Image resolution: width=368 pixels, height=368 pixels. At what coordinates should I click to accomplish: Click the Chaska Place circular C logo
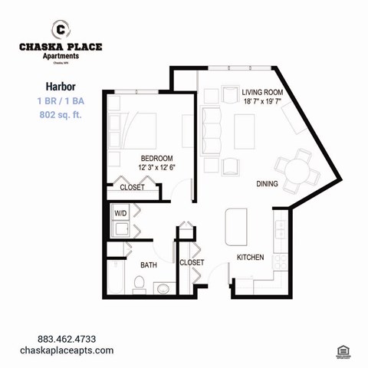60,30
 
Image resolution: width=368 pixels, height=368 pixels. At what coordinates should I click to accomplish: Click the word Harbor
59,87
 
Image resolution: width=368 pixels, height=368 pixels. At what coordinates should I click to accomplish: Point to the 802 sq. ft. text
59,115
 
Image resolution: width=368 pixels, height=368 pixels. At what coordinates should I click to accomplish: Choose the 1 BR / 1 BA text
59,101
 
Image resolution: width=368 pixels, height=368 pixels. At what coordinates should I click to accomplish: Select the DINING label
267,184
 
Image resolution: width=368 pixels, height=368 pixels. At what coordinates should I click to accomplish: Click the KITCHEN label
250,258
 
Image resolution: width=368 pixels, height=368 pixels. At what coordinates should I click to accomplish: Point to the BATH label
148,265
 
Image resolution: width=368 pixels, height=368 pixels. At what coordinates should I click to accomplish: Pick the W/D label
121,212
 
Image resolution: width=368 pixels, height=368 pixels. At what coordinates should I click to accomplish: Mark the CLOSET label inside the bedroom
132,187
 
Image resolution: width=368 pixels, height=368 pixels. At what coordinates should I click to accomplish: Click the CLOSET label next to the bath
192,262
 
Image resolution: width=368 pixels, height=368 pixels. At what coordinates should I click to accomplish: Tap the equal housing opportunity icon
343,350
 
